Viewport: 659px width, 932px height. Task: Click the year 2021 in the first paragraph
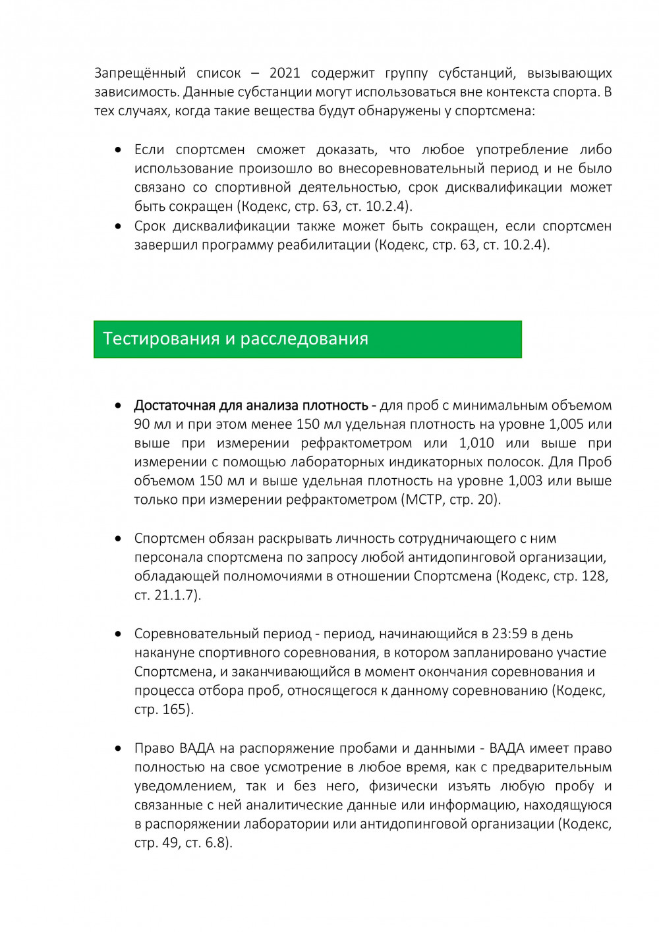point(285,73)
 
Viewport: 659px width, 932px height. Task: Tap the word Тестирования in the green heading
point(161,339)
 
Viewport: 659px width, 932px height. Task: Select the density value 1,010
point(476,443)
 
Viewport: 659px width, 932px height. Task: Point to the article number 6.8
point(215,843)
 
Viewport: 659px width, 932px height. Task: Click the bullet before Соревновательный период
point(118,634)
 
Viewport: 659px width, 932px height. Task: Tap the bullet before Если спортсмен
point(118,150)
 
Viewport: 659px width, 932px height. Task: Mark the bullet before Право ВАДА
point(118,748)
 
